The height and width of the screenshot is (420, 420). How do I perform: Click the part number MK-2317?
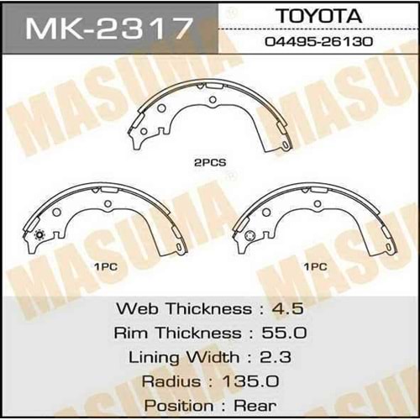click(109, 29)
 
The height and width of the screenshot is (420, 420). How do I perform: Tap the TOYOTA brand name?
click(319, 16)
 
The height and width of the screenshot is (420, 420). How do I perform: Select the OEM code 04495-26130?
click(319, 42)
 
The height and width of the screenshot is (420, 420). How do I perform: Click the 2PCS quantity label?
click(210, 163)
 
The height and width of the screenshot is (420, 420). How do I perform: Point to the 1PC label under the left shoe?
click(106, 267)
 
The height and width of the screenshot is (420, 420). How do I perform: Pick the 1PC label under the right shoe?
click(316, 267)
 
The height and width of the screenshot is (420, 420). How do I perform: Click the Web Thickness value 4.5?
click(288, 308)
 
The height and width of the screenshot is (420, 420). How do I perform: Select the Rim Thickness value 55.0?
click(284, 333)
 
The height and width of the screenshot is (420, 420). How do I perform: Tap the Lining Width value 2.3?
click(276, 357)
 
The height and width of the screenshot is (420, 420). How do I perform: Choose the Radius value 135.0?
click(250, 381)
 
